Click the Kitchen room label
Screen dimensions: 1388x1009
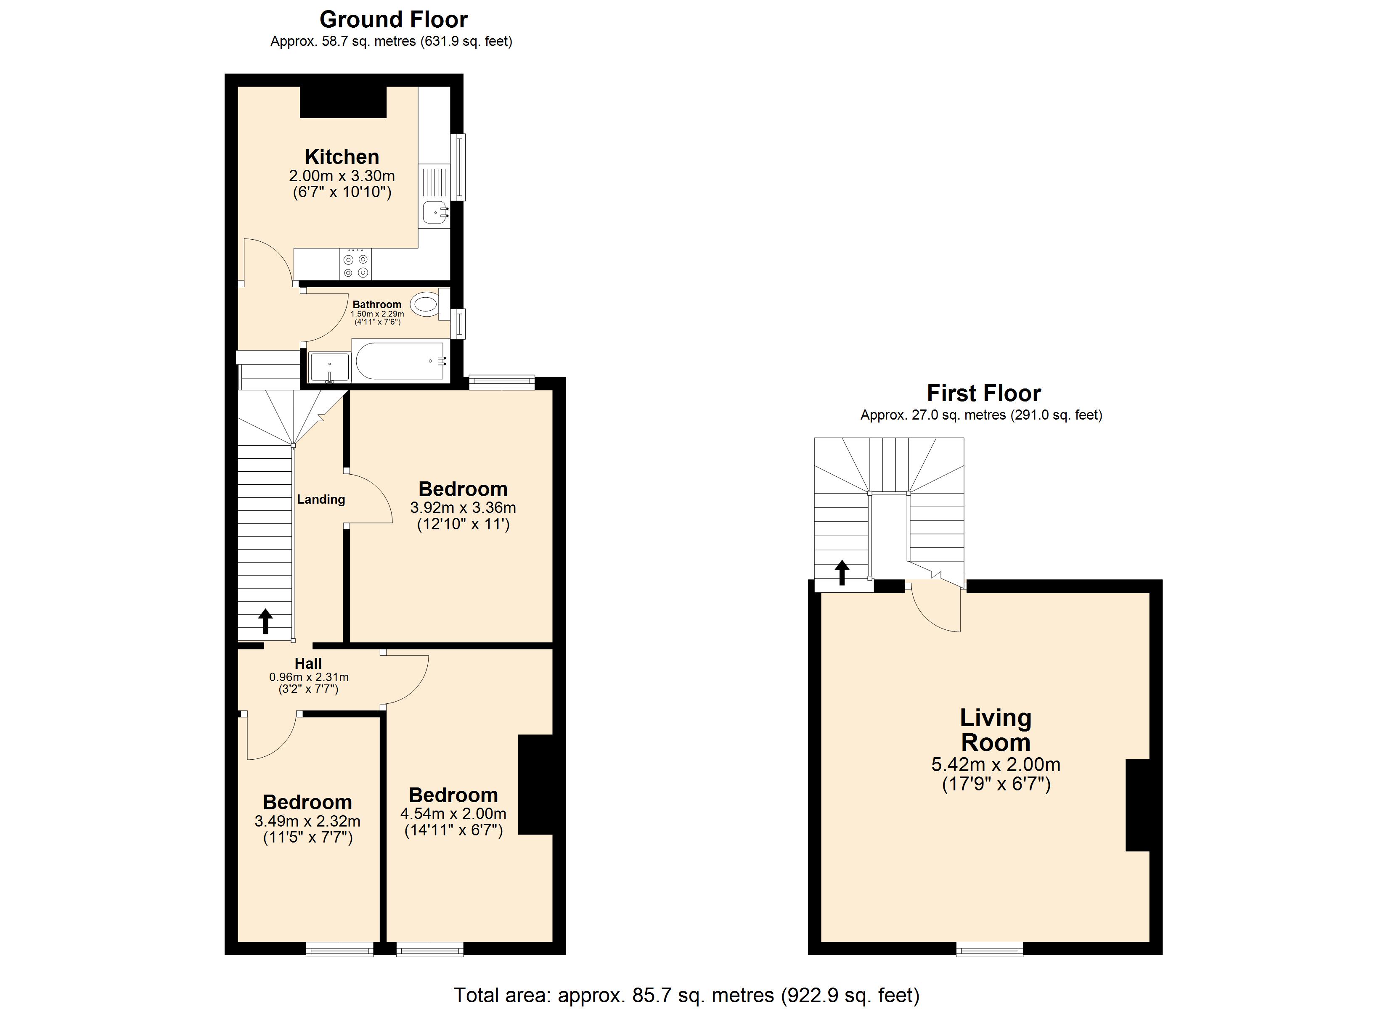342,157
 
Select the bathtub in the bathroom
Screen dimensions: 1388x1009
401,361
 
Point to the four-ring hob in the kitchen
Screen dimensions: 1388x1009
355,264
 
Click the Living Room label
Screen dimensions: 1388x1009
996,730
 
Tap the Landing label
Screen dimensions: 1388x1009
321,499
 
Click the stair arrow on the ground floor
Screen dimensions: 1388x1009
265,621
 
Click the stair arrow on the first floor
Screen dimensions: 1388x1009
842,573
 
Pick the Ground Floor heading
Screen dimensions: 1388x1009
394,20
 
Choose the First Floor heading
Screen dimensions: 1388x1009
983,393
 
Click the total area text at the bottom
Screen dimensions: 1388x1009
686,995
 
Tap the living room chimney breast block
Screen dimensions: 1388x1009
1138,805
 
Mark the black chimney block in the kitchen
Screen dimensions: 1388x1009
343,102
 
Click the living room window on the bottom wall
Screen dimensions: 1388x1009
990,950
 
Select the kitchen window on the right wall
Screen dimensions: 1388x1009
458,167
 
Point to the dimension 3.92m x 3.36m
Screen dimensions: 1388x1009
463,507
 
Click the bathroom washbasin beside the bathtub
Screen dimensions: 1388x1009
329,367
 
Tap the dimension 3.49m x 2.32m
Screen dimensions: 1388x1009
307,821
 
